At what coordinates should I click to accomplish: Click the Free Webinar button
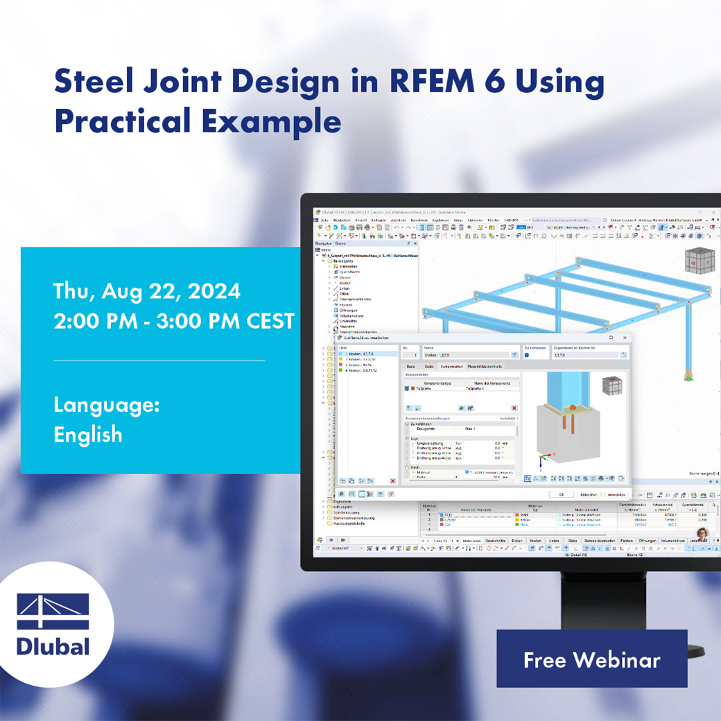(591, 659)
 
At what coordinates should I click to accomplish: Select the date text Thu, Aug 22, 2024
(147, 291)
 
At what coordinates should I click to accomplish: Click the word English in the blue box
(88, 435)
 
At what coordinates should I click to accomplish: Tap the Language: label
(107, 404)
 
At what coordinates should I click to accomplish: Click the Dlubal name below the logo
(53, 647)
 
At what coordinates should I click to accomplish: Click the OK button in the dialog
(562, 494)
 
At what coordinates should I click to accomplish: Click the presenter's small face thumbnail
(702, 535)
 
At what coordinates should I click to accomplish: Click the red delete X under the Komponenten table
(514, 408)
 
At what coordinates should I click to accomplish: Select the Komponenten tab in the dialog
(451, 366)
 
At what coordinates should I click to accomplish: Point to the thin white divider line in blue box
(159, 360)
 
